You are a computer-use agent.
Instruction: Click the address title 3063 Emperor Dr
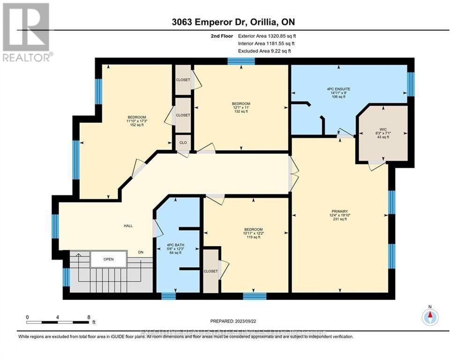[232, 22]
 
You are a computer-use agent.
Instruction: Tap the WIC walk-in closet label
[373, 129]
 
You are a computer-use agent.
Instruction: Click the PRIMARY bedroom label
[340, 211]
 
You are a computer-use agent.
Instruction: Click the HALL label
[128, 225]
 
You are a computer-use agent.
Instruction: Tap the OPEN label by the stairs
[108, 259]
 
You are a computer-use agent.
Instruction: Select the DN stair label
[141, 252]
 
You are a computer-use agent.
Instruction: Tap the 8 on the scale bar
[88, 317]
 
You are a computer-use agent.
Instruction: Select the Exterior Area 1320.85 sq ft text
[266, 35]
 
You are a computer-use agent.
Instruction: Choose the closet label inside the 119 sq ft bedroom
[210, 270]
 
